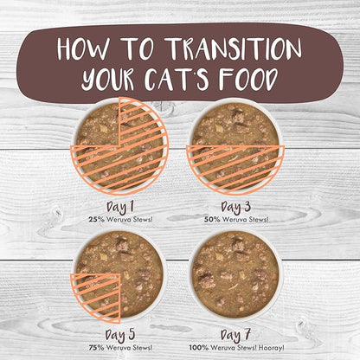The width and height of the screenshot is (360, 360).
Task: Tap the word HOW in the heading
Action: click(83, 48)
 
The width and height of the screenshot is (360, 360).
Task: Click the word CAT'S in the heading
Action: click(177, 79)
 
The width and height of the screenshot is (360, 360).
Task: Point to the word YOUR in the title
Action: click(107, 80)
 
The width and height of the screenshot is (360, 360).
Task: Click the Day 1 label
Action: click(120, 207)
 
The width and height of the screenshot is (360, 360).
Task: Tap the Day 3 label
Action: click(235, 207)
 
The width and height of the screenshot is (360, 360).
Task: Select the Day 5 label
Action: click(120, 335)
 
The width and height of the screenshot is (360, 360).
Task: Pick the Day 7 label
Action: click(235, 335)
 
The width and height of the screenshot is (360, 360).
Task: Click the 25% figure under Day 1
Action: click(96, 219)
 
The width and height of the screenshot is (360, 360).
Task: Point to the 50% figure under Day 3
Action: click(212, 219)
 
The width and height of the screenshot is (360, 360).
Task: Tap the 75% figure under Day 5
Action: click(96, 348)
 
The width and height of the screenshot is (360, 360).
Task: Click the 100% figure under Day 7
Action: click(199, 348)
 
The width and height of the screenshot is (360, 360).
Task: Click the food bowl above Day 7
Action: click(235, 276)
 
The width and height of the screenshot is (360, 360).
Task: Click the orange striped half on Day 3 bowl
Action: click(235, 169)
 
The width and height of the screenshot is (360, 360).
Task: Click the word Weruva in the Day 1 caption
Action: click(119, 219)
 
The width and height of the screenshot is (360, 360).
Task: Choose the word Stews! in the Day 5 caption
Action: click(143, 348)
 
